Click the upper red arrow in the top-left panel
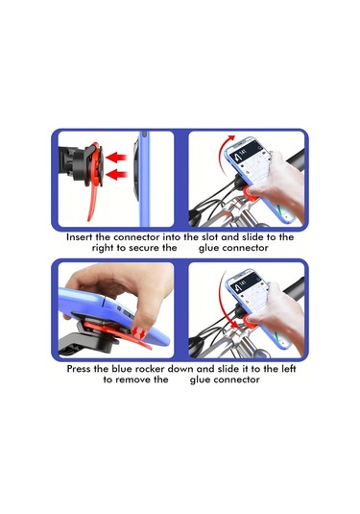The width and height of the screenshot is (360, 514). point(116,158)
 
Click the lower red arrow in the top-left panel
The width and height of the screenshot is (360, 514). point(116,175)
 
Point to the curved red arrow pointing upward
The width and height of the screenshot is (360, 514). point(225,159)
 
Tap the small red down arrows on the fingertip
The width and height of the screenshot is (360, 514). point(139,333)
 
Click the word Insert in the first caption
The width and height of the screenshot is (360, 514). point(80,237)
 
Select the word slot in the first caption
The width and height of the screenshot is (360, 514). point(209,237)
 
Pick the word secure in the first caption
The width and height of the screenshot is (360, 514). point(143,248)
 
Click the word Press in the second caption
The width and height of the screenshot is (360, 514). point(79,369)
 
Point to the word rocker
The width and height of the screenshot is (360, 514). point(149,369)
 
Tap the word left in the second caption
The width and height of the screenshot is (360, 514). point(289,369)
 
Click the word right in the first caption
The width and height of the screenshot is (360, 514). point(103,248)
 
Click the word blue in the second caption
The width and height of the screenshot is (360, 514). point(121,369)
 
